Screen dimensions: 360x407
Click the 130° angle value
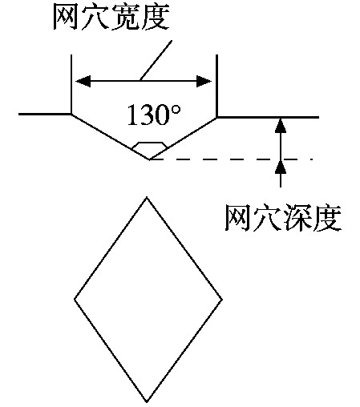click(154, 115)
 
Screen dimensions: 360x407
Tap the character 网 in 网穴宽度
click(67, 17)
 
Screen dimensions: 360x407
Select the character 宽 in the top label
click(125, 17)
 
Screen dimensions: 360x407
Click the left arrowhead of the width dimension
click(83, 81)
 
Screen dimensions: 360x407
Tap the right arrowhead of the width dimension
click(204, 81)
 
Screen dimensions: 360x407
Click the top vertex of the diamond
click(147, 197)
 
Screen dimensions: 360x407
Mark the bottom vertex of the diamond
click(147, 401)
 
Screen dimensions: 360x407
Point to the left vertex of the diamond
click(75, 299)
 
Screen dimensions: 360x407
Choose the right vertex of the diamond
click(222, 300)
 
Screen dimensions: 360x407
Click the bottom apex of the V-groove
click(149, 159)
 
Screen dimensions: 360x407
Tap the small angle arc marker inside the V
click(149, 143)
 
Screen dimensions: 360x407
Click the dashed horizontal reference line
click(231, 159)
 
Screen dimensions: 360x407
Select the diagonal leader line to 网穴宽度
click(156, 61)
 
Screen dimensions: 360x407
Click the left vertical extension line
click(71, 84)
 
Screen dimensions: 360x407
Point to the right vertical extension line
click(216, 86)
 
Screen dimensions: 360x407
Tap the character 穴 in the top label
click(95, 17)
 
